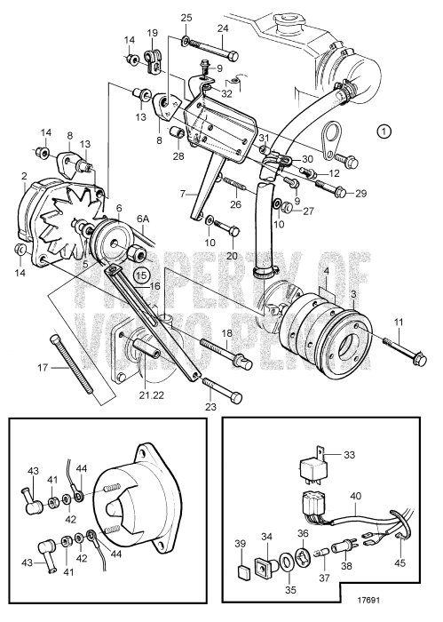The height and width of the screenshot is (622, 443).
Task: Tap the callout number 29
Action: tap(360, 193)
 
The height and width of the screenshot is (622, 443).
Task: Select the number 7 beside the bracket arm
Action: tap(184, 193)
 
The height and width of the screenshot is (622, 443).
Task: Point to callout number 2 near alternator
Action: tap(25, 176)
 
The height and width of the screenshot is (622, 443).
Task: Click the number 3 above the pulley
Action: tap(353, 293)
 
